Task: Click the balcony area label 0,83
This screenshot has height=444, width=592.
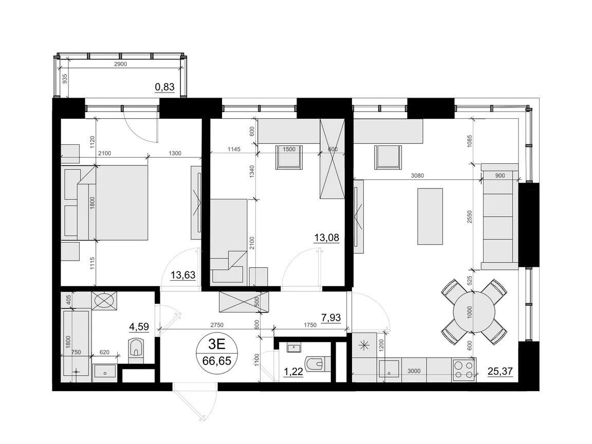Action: point(164,87)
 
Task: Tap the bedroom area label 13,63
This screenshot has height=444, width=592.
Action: point(183,275)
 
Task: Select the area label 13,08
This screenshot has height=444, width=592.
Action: point(327,238)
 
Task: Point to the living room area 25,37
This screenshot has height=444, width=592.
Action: point(500,372)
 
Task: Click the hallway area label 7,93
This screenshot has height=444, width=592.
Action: point(331,318)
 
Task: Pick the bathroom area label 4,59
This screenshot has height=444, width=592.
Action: point(139,327)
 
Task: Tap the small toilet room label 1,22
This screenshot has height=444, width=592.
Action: point(293,372)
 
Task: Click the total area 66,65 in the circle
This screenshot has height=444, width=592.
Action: point(217,361)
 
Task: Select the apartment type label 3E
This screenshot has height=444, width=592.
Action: point(217,344)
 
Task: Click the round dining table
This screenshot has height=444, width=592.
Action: point(474,312)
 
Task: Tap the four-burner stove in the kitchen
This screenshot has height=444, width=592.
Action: point(464,369)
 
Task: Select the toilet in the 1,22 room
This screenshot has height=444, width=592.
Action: point(315,365)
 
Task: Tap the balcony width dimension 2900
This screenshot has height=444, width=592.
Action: point(120,64)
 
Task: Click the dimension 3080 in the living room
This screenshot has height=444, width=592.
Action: point(417,176)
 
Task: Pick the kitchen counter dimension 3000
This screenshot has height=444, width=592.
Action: point(414,371)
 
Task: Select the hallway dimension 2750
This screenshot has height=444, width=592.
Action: point(217,325)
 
